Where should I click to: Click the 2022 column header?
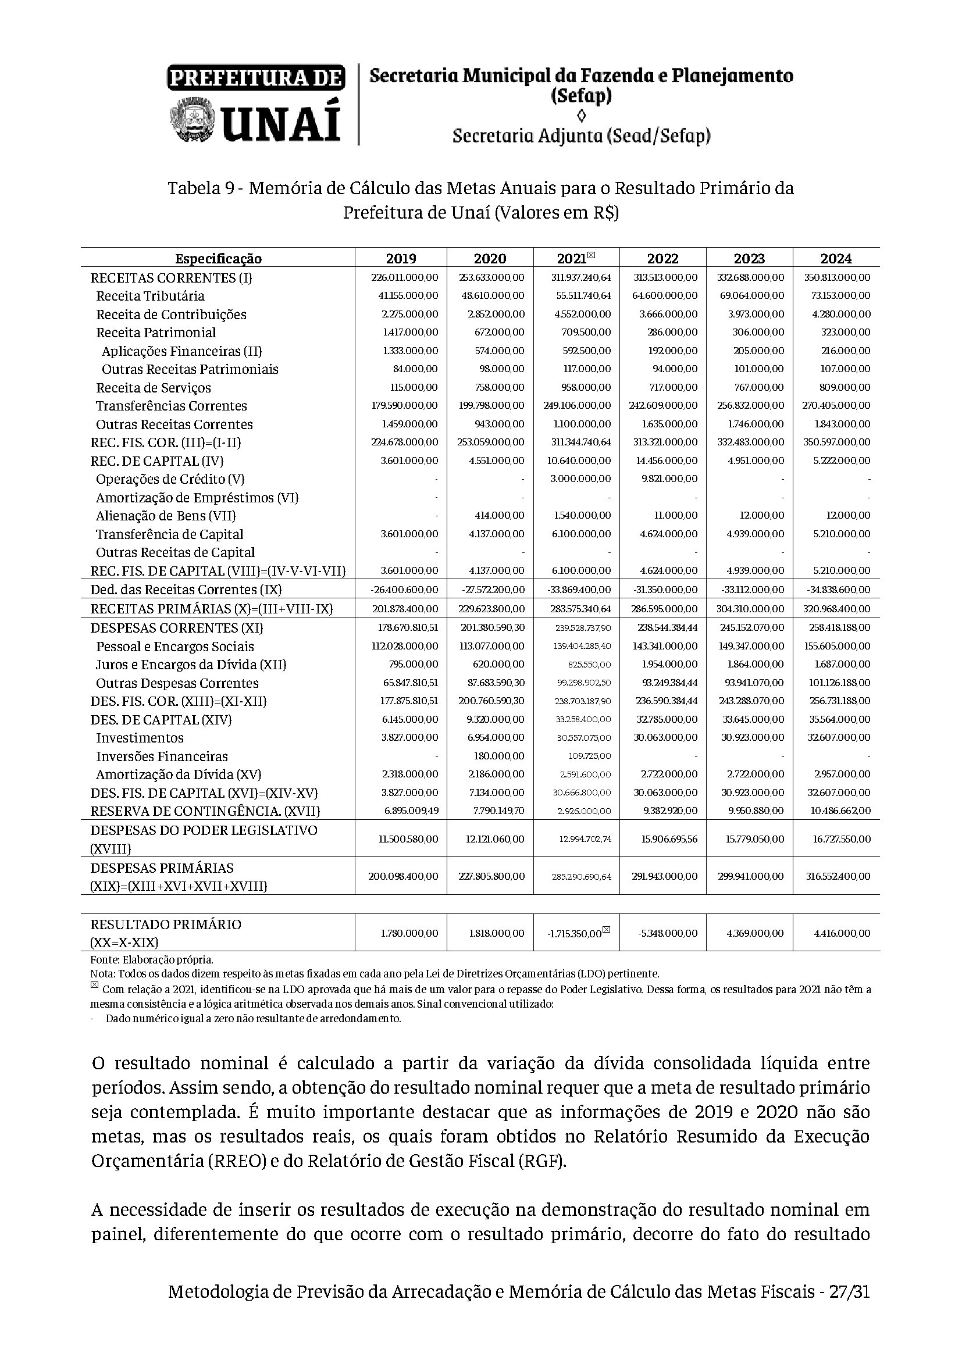click(662, 259)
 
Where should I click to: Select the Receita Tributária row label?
click(151, 296)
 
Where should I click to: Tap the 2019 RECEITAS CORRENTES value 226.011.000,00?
click(405, 278)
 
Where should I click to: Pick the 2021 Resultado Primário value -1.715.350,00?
click(575, 934)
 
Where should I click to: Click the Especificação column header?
click(218, 259)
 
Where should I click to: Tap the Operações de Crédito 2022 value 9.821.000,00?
click(669, 479)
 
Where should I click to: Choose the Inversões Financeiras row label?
click(162, 756)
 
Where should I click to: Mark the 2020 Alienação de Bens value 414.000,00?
click(496, 516)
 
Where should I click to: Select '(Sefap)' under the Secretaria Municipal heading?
click(581, 96)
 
